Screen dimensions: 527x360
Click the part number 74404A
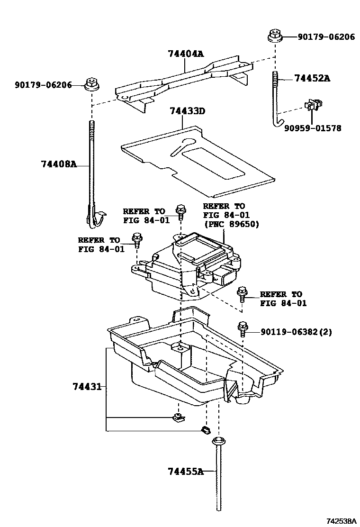pos(185,55)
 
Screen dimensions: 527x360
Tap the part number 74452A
pos(312,79)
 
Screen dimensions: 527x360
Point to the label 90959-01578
pos(312,128)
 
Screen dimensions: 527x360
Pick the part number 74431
pos(87,387)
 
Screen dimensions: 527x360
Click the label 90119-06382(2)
pos(296,332)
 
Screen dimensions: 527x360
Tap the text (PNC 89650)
pos(231,224)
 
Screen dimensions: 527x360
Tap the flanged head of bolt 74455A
pos(217,442)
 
